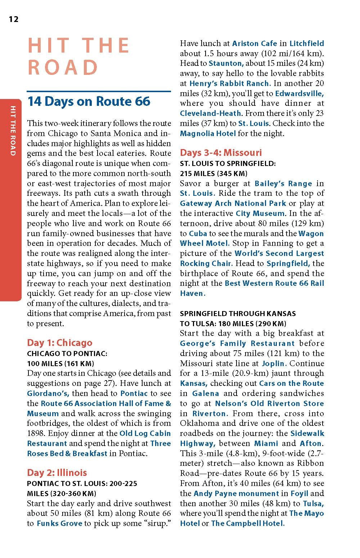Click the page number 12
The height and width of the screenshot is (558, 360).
[x=14, y=19]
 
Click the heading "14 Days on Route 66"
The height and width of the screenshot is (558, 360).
[x=89, y=102]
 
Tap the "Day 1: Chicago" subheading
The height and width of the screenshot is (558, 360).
[x=59, y=342]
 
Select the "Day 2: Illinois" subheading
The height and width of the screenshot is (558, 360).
[x=57, y=472]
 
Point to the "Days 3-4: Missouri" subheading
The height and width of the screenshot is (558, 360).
[x=221, y=152]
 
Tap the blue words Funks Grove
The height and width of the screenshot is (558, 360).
[x=59, y=523]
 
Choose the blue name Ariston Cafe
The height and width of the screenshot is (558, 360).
[x=255, y=44]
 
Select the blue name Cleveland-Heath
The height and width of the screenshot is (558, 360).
[x=211, y=113]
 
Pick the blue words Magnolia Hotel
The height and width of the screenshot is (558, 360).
[x=208, y=133]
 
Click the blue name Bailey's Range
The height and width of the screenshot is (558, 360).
[x=283, y=184]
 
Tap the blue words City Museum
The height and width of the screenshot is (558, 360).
[x=260, y=213]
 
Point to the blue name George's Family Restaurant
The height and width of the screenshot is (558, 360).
[x=237, y=343]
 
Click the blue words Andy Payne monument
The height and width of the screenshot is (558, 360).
[x=236, y=493]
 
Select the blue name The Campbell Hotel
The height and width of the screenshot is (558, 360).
[x=248, y=523]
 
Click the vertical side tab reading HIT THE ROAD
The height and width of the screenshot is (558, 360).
[x=12, y=131]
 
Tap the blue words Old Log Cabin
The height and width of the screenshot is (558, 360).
[x=145, y=433]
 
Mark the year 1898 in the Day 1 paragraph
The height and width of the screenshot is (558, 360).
[x=36, y=433]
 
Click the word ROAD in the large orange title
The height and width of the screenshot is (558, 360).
[x=63, y=67]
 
